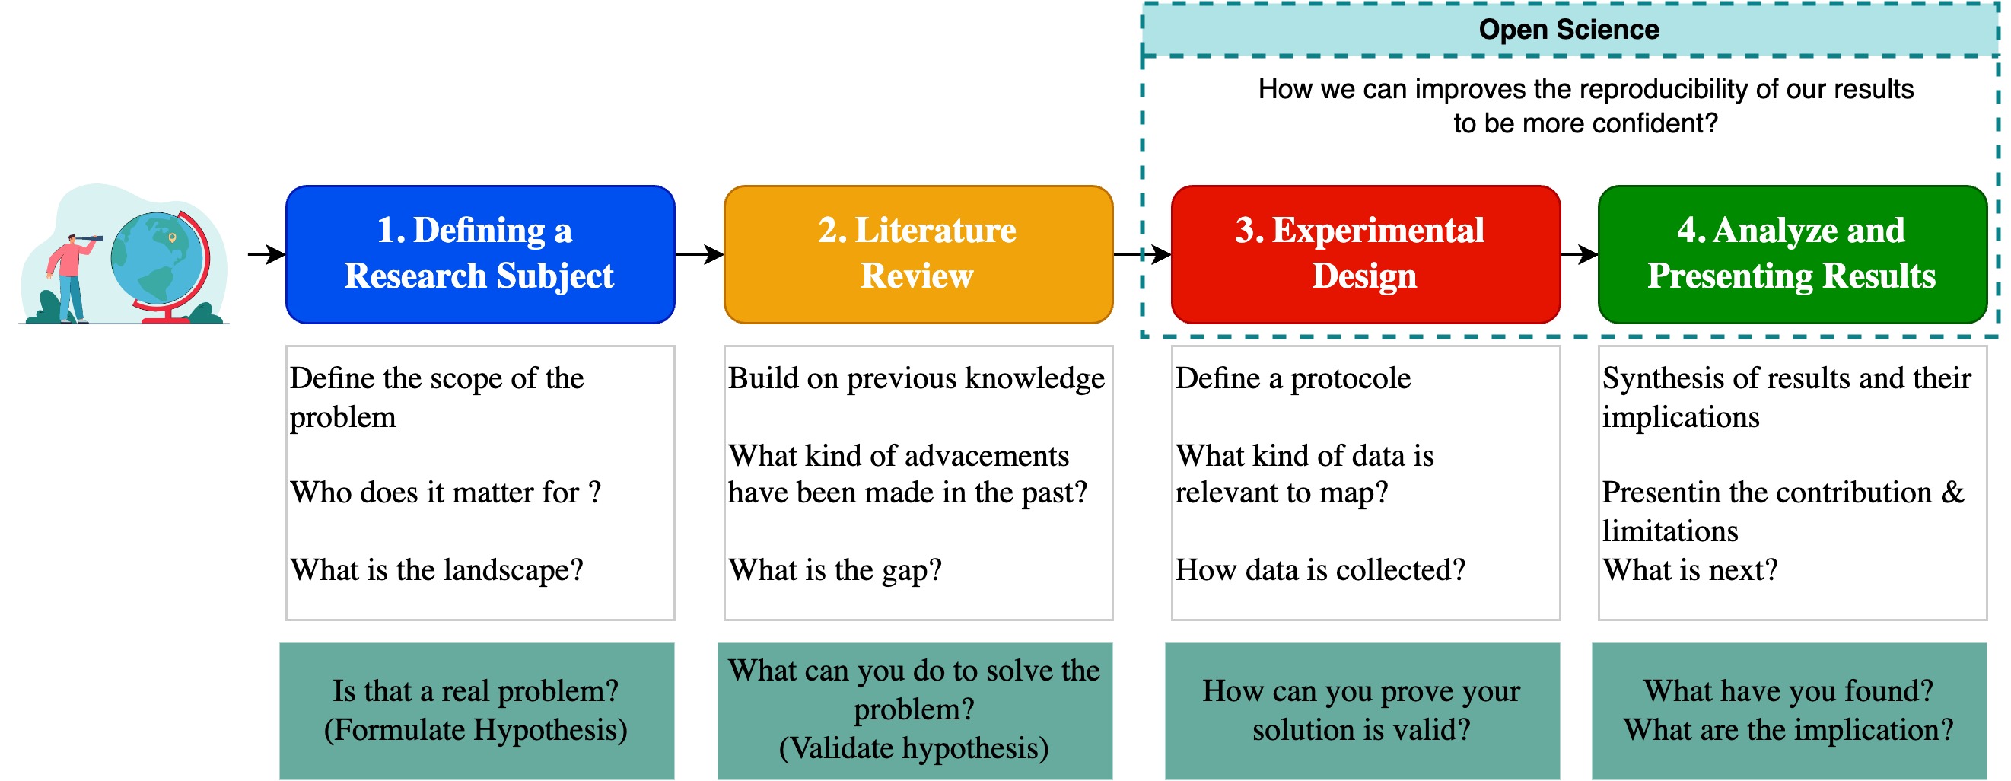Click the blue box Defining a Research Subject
(x=480, y=253)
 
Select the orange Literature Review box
(x=918, y=253)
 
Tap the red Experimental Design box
(x=1365, y=253)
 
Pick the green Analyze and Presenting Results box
(x=1792, y=253)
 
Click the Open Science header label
(x=1569, y=30)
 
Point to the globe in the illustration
(x=156, y=258)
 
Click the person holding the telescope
(x=70, y=273)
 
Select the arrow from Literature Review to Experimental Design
(x=1141, y=253)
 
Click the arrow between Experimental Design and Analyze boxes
(x=1579, y=253)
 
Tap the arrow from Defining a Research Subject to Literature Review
(x=698, y=253)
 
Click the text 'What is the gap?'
(x=835, y=570)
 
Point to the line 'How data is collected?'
(x=1320, y=570)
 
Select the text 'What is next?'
(x=1690, y=570)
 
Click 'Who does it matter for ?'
(x=445, y=493)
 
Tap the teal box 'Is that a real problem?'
(x=476, y=711)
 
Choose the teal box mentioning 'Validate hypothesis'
(x=914, y=711)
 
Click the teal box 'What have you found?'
(x=1789, y=711)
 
